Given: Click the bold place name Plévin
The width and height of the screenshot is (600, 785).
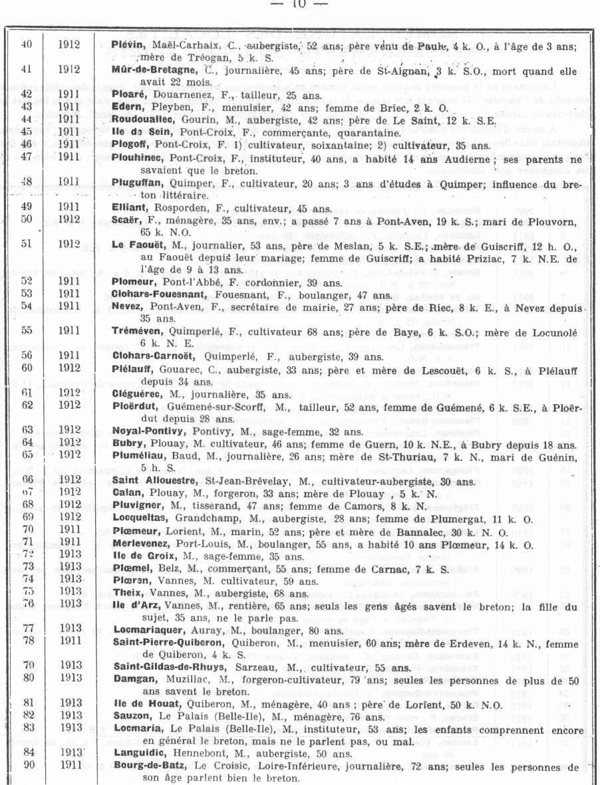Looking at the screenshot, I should click(124, 45).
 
